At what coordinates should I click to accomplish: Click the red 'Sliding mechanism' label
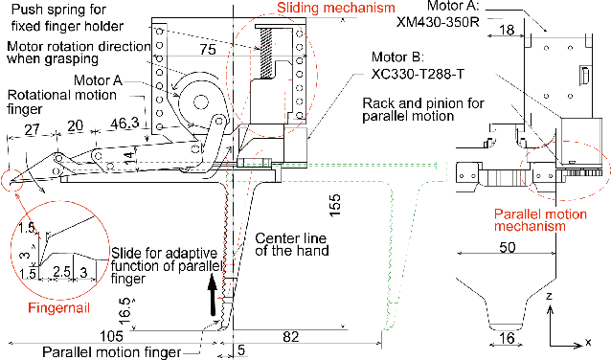point(336,8)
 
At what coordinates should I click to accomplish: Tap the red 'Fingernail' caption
point(58,308)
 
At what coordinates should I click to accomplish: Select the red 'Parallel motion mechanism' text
point(540,220)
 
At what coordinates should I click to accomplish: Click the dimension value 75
point(208,50)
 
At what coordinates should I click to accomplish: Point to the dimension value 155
point(335,206)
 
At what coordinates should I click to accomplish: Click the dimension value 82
point(291,337)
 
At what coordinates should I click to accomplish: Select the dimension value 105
point(111,336)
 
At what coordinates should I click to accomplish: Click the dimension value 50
point(508,247)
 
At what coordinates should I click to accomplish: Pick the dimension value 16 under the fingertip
point(507,338)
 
